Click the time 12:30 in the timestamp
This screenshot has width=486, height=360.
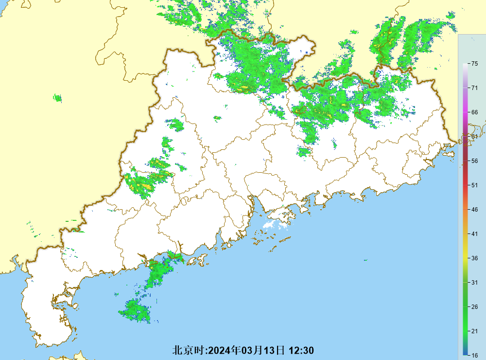301,350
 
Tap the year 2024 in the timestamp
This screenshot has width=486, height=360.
220,350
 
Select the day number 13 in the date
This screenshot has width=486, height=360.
270,350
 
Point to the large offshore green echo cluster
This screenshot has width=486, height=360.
135,310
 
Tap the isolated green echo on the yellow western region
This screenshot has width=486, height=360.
58,98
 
